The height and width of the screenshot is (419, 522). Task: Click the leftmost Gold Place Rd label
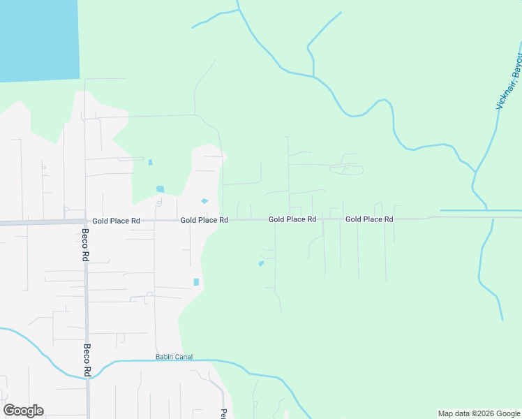pyautogui.click(x=116, y=220)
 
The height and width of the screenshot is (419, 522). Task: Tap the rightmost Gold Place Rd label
pyautogui.click(x=369, y=219)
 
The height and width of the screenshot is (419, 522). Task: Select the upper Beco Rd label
pyautogui.click(x=85, y=245)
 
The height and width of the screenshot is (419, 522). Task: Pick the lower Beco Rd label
pyautogui.click(x=88, y=360)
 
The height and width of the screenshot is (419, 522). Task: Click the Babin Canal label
pyautogui.click(x=173, y=357)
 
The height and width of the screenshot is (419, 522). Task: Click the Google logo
pyautogui.click(x=23, y=411)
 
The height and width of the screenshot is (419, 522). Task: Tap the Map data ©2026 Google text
pyautogui.click(x=478, y=413)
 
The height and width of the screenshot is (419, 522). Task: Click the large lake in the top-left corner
pyautogui.click(x=38, y=38)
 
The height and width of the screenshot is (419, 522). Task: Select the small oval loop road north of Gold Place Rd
pyautogui.click(x=347, y=169)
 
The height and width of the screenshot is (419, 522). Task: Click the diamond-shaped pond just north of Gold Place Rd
pyautogui.click(x=204, y=201)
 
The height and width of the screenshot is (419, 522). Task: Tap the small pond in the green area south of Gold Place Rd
pyautogui.click(x=261, y=263)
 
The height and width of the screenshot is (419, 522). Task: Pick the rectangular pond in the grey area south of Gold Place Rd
pyautogui.click(x=196, y=282)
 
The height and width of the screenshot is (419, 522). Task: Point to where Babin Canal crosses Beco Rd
pyautogui.click(x=89, y=377)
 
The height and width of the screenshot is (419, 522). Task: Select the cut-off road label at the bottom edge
pyautogui.click(x=223, y=413)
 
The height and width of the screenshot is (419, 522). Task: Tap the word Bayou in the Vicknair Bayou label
pyautogui.click(x=516, y=64)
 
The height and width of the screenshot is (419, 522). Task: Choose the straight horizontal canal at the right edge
pyautogui.click(x=482, y=210)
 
